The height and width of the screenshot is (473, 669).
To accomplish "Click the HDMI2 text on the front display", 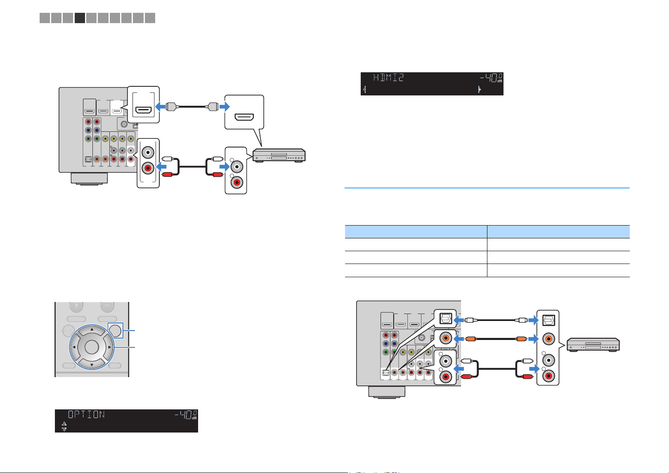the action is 388,78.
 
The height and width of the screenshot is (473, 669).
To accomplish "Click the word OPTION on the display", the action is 86,414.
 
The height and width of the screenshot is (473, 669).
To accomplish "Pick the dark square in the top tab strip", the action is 80,18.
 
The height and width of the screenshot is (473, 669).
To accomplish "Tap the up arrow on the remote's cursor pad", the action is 92,330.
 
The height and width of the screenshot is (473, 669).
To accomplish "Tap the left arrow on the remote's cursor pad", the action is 74,347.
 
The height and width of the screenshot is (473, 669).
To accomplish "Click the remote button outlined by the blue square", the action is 115,330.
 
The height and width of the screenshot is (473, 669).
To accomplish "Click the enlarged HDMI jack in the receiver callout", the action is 144,110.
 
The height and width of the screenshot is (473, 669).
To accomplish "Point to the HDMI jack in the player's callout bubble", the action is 244,116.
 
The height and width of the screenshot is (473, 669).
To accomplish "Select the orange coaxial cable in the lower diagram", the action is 496,339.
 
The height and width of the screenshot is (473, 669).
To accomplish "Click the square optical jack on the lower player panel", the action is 548,320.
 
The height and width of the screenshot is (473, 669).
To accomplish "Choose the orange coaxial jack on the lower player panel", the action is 548,339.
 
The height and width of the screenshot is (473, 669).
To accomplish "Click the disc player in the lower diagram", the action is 593,345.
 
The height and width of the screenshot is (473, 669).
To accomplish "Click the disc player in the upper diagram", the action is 279,155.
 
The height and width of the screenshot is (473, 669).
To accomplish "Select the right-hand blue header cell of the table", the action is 558,232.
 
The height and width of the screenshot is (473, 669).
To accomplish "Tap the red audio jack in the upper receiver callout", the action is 148,168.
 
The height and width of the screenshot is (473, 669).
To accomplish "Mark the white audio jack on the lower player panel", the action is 548,360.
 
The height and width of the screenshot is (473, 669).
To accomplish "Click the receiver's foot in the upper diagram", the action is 89,178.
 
